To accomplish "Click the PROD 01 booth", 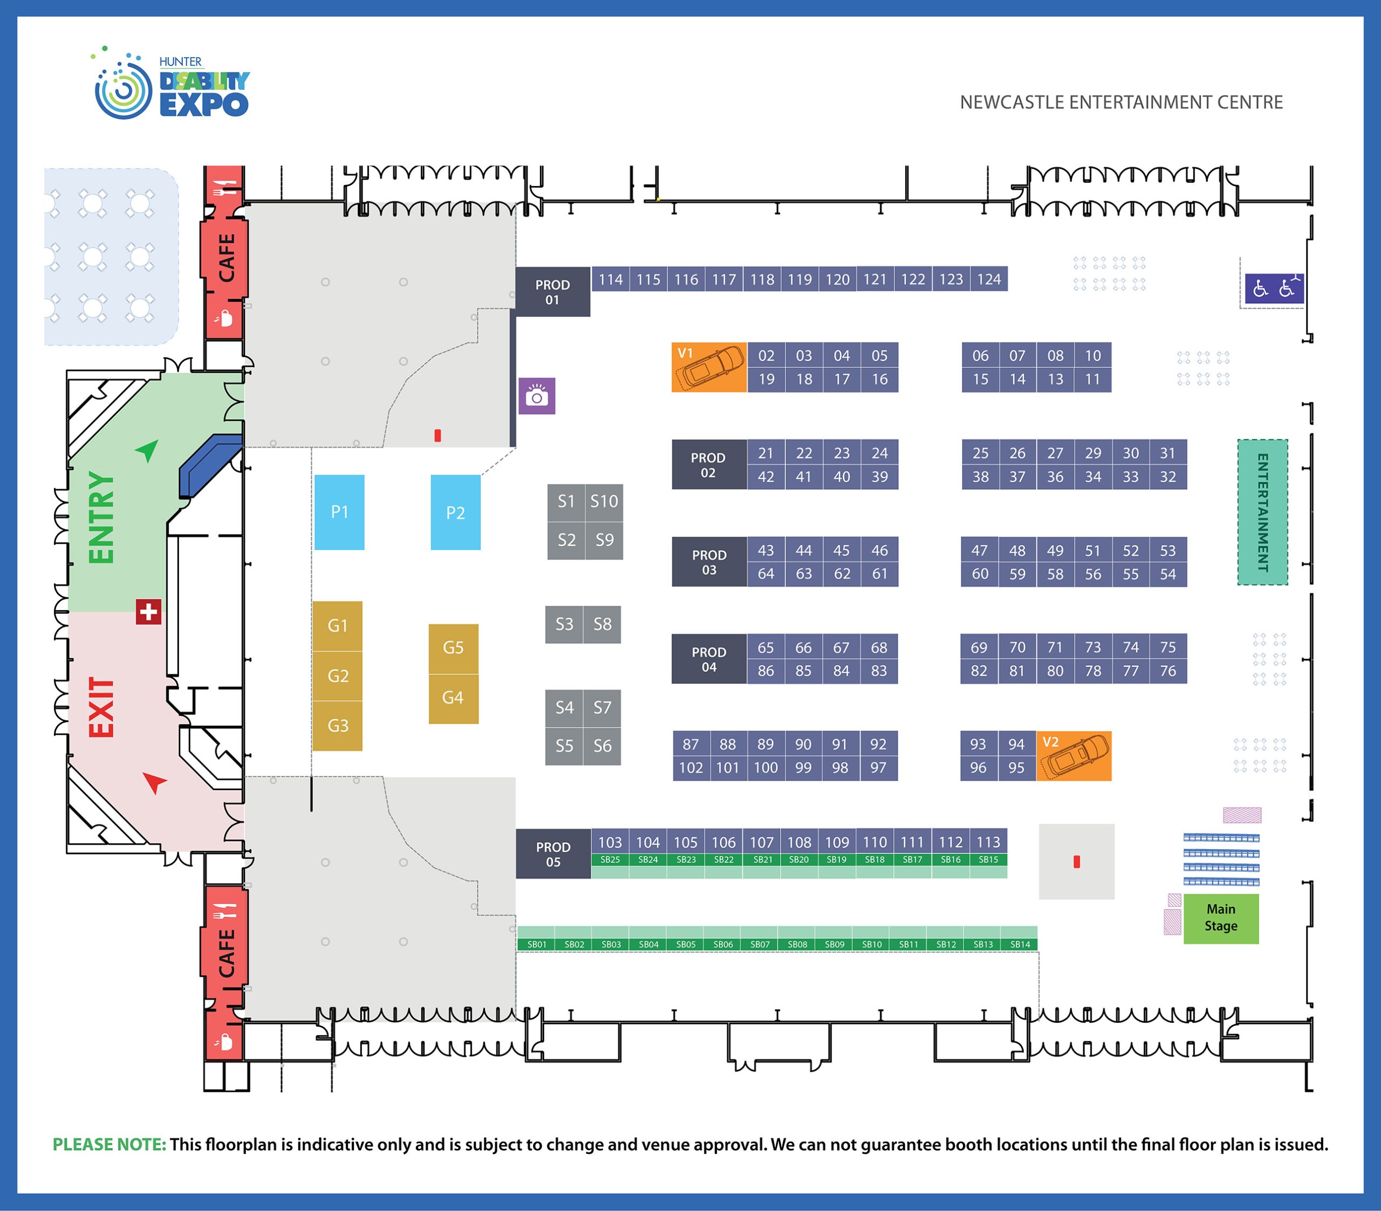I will click(x=552, y=292).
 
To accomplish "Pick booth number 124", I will click(x=988, y=279).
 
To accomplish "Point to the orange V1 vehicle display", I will click(x=709, y=367).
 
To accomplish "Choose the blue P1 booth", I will click(x=339, y=512).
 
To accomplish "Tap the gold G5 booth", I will click(x=453, y=648).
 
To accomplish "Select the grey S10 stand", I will click(x=604, y=502).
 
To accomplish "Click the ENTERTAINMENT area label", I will click(x=1262, y=512).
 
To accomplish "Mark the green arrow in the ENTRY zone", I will click(x=147, y=449).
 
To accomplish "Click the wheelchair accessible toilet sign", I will click(x=1274, y=289).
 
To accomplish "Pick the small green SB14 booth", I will click(x=1020, y=944).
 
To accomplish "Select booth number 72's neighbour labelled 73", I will click(x=1092, y=647).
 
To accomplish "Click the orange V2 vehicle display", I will click(x=1073, y=756).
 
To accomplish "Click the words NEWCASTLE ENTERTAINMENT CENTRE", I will click(x=1121, y=102).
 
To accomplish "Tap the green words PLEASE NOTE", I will click(x=109, y=1144).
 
